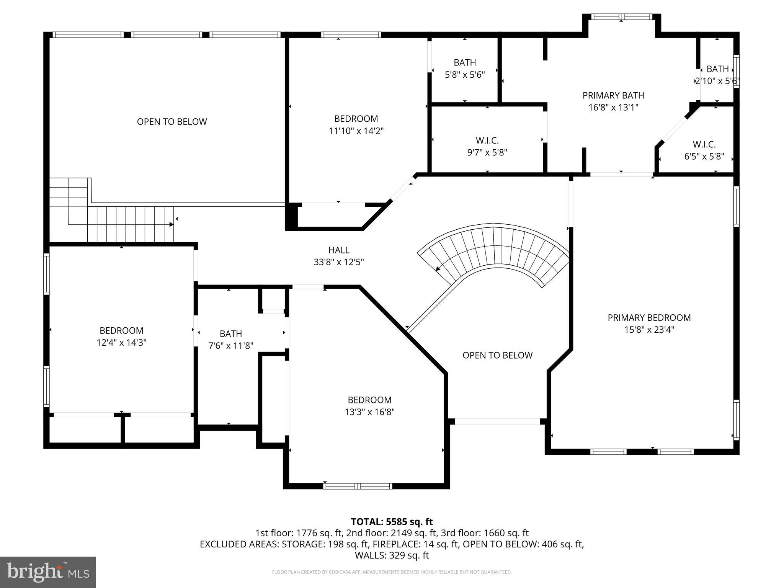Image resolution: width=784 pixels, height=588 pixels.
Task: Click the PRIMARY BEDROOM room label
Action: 649,317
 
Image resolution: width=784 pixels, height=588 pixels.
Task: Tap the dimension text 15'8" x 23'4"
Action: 649,330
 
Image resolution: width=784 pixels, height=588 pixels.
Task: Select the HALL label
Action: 339,250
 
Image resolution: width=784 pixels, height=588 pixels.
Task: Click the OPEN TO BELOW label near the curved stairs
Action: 497,355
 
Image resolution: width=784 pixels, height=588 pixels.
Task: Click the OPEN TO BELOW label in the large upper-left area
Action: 172,122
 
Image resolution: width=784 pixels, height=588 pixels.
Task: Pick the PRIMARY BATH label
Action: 613,95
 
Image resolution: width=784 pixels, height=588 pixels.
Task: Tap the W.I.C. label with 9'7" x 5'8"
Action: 487,141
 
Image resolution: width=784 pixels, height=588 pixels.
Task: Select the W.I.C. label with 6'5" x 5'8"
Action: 704,145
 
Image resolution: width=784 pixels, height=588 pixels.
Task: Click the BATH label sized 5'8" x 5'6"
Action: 465,62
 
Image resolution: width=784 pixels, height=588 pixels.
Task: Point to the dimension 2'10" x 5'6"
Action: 717,81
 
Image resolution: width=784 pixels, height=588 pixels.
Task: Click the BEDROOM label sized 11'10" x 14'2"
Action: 356,119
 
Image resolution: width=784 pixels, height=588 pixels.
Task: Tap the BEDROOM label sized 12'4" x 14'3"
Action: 121,330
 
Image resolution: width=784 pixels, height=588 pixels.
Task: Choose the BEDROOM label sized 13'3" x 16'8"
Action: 369,400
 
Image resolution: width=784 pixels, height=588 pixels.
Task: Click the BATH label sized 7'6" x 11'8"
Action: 231,334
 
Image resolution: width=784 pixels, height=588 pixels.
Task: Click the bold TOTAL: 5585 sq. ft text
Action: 392,522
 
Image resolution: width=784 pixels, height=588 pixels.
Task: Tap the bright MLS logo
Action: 48,572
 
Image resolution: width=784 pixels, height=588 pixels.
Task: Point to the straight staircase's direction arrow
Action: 170,224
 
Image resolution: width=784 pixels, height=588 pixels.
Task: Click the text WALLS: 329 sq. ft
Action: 392,555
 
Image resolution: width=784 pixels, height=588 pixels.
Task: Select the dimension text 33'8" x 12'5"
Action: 339,262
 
